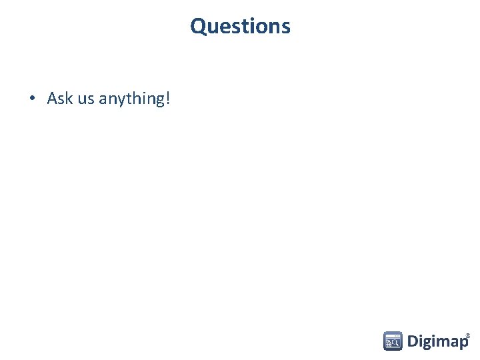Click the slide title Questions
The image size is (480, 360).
click(240, 26)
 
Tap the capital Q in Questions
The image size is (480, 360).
click(198, 26)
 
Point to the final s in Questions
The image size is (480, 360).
click(286, 27)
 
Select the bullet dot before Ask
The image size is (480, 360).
click(32, 99)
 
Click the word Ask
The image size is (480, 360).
click(60, 99)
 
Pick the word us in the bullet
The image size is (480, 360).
click(86, 100)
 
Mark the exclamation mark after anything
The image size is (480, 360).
click(168, 99)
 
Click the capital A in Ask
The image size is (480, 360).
click(52, 99)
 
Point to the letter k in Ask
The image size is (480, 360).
click(69, 99)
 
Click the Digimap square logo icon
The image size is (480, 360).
click(393, 341)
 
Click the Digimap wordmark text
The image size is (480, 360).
click(437, 342)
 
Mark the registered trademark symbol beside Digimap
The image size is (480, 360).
click(468, 335)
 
